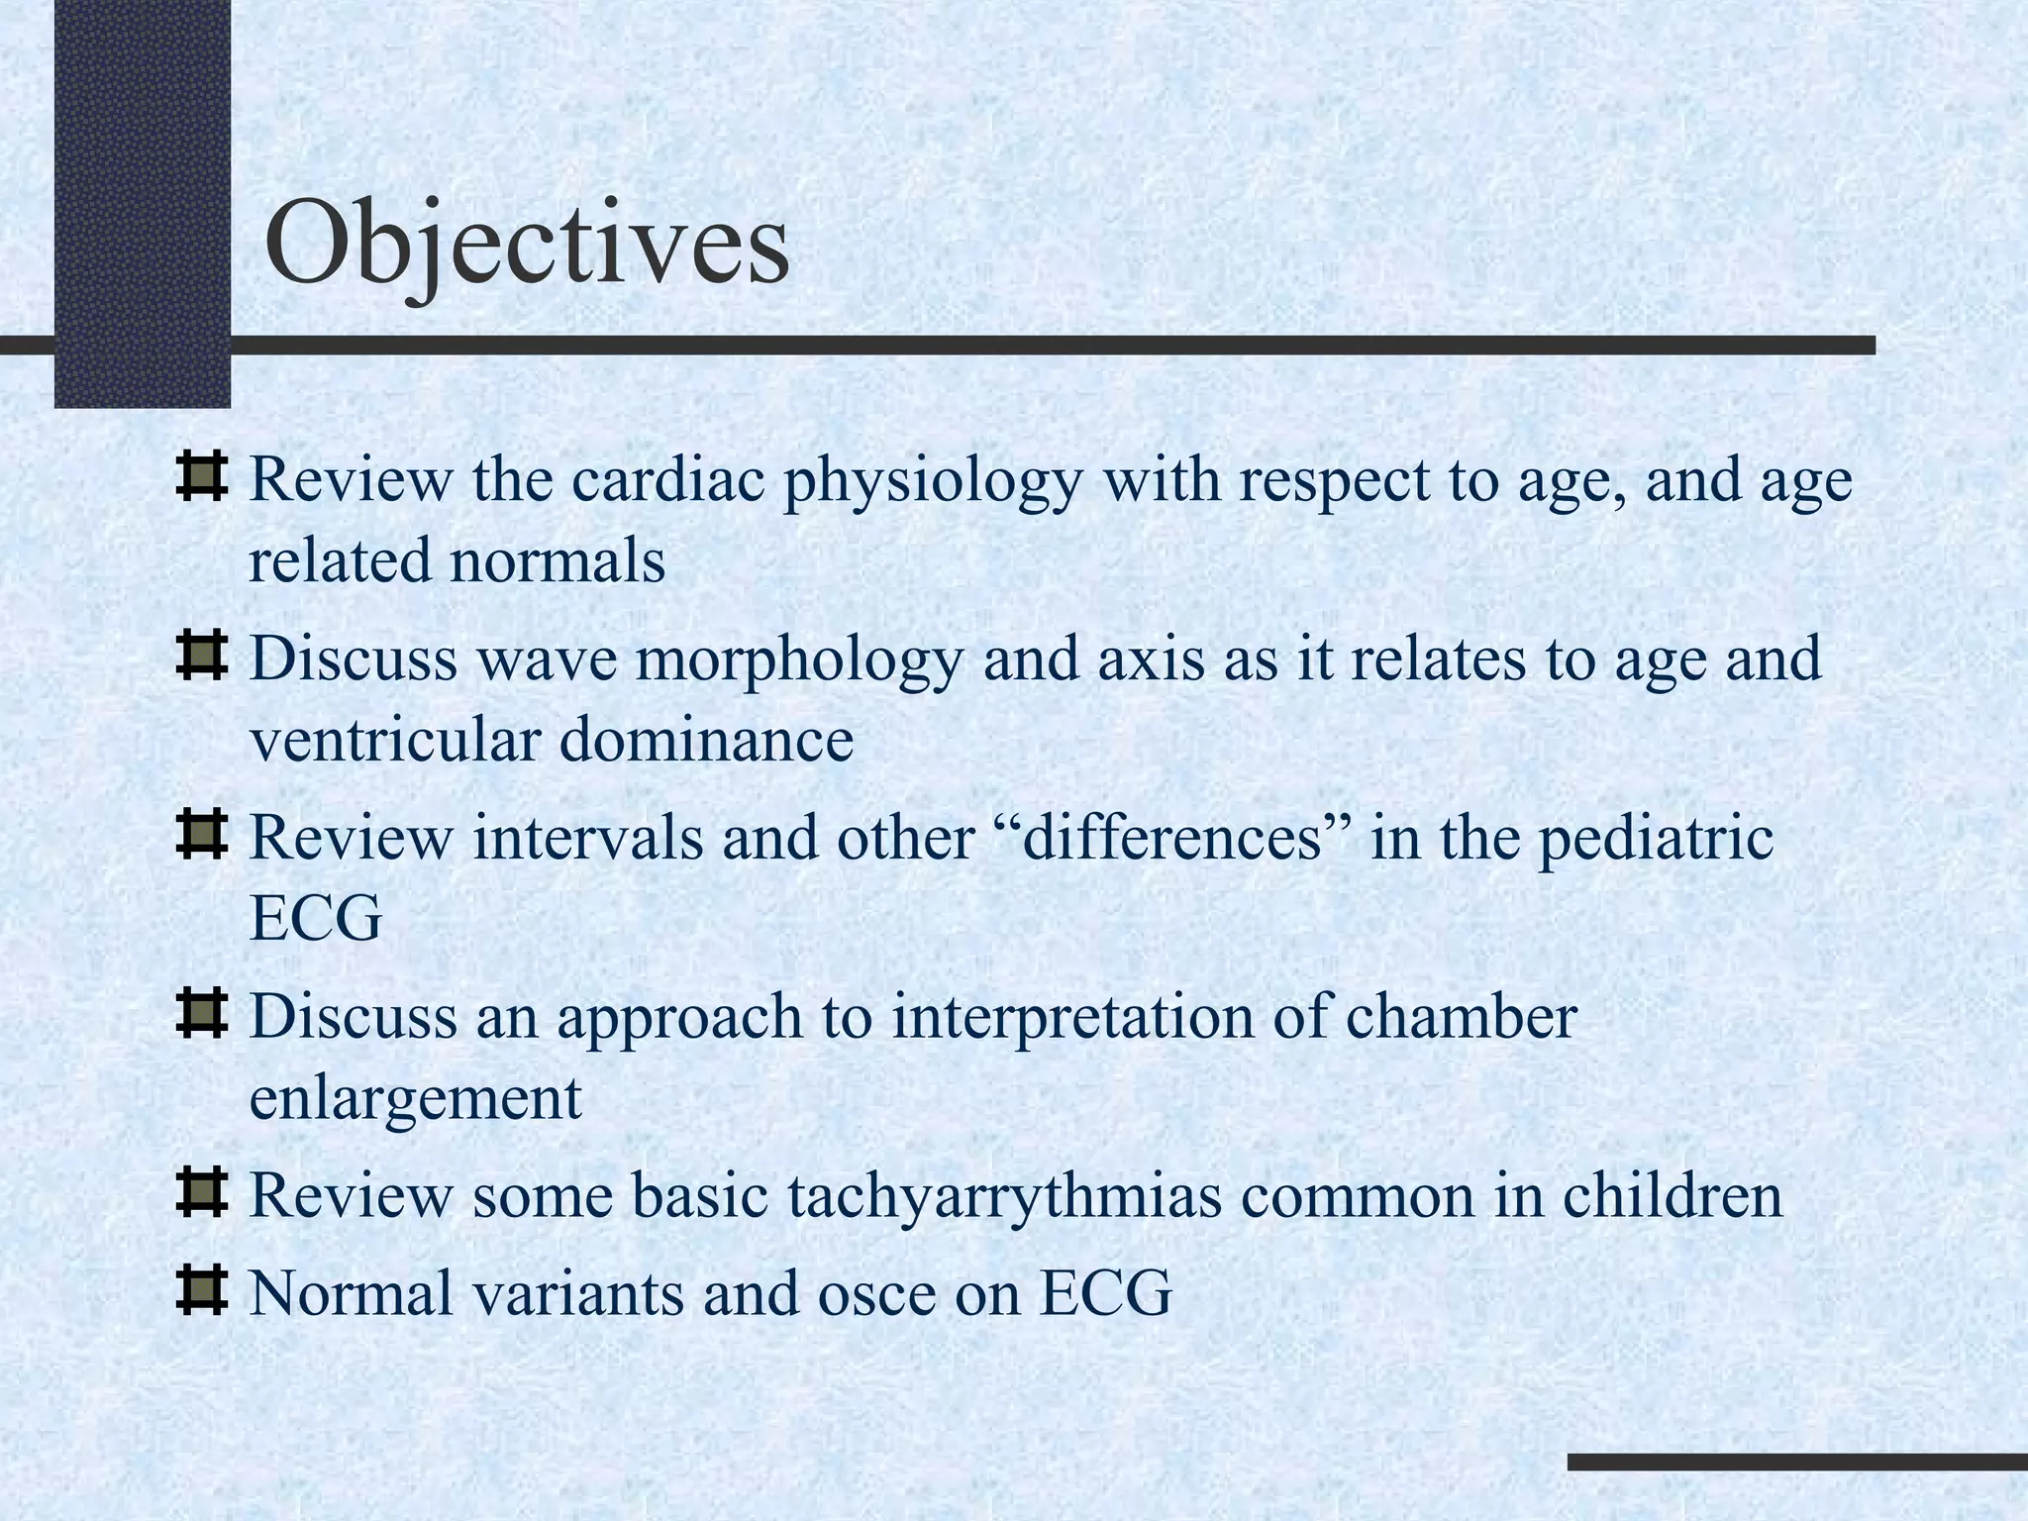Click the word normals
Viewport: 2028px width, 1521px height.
(x=557, y=560)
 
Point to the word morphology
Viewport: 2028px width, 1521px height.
(x=798, y=660)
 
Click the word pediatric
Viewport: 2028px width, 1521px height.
(x=1654, y=840)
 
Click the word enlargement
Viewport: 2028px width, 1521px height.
(x=415, y=1099)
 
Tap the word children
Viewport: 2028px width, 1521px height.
(x=1673, y=1195)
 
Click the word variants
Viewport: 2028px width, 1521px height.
(x=584, y=1293)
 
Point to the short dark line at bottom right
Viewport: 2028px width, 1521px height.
(x=1796, y=1462)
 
